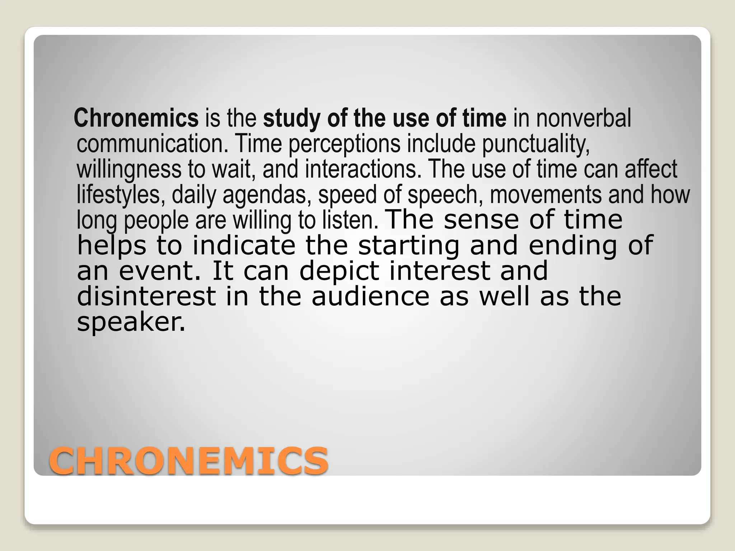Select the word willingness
pyautogui.click(x=129, y=169)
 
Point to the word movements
pyautogui.click(x=546, y=194)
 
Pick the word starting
pyautogui.click(x=409, y=245)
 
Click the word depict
pyautogui.click(x=339, y=271)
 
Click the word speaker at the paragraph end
pyautogui.click(x=131, y=322)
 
